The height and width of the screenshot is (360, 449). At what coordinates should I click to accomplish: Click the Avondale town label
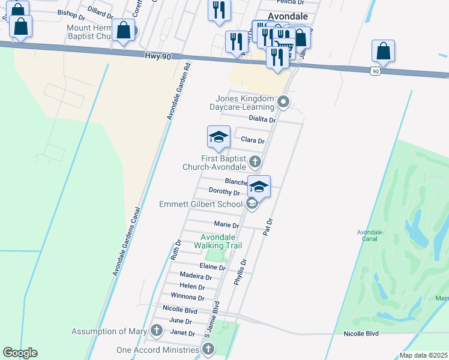coord(288,16)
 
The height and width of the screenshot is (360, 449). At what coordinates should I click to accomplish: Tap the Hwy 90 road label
coord(158,55)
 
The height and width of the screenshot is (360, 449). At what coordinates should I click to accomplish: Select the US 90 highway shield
coord(375,71)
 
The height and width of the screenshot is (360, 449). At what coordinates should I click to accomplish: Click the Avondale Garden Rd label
coord(178,90)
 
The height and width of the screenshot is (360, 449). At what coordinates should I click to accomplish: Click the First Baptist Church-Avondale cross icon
coord(255,161)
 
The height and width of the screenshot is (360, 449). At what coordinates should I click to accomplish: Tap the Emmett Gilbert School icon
coord(252,205)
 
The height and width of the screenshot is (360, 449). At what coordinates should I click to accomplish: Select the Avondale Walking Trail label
coord(218,241)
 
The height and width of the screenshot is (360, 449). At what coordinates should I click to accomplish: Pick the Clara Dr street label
coord(252,140)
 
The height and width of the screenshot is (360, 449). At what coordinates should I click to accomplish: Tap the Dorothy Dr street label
coord(224,192)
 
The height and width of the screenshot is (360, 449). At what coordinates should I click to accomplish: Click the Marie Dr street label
coord(226,224)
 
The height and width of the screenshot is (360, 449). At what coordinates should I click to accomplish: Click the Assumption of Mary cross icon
coord(157,330)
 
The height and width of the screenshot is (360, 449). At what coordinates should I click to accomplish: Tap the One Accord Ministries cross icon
coord(208,349)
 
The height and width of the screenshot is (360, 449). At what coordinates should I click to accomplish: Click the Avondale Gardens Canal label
coord(127,242)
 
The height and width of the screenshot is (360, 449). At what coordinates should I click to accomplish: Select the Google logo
coord(20,353)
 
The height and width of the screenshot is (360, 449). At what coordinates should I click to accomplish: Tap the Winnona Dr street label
coord(187,297)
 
